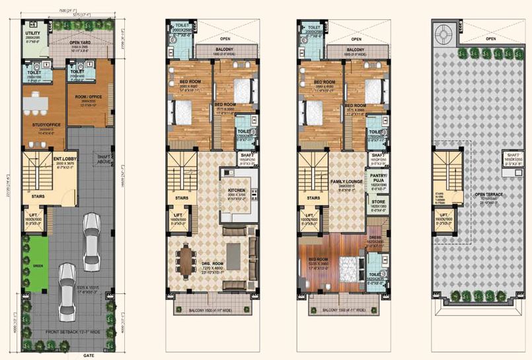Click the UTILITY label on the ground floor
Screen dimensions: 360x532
(32, 32)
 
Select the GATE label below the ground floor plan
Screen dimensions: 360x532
(68, 355)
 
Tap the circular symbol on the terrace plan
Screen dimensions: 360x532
(442, 30)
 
